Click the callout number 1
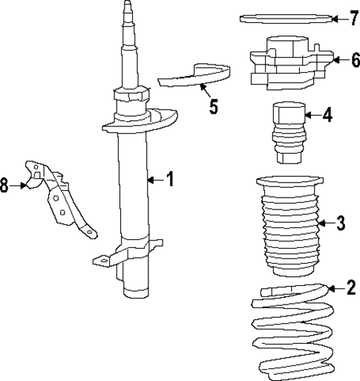pos(169,179)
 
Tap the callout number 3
pos(341,222)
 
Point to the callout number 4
pos(327,115)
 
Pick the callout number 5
pos(214,106)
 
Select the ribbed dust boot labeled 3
pos(289,227)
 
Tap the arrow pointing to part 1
pos(154,179)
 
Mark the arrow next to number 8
pos(20,185)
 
